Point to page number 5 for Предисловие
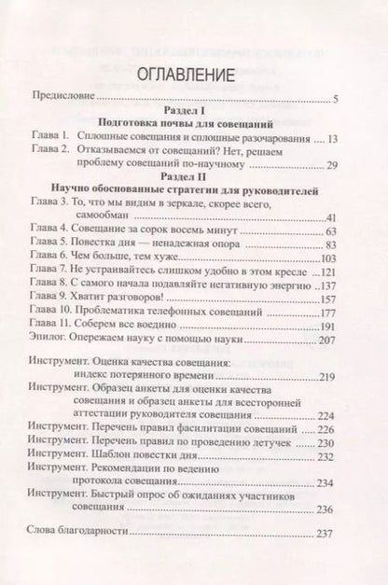(337, 97)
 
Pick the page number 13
(332, 136)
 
